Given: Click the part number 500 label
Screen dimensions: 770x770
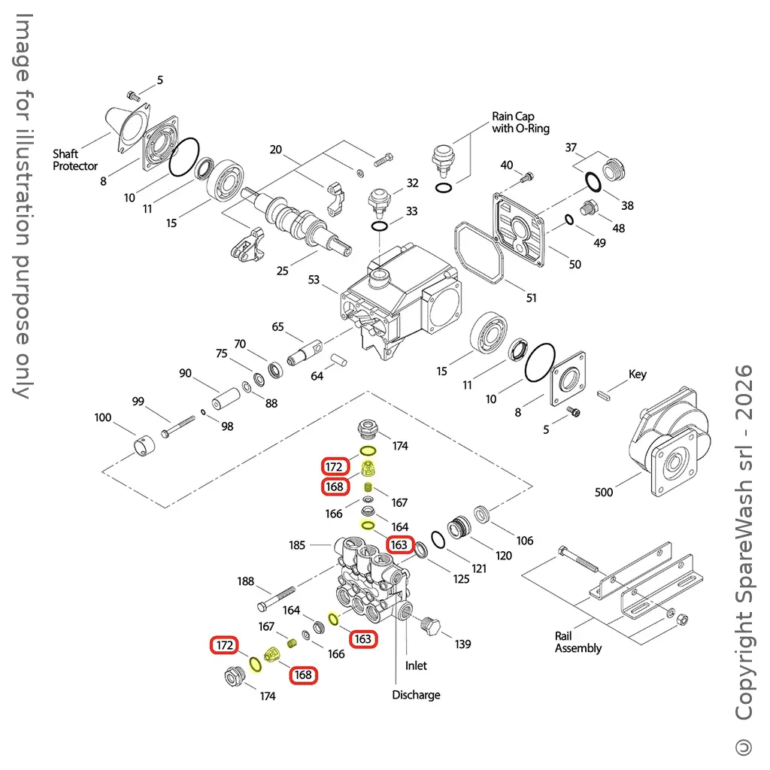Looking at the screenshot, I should click(604, 493).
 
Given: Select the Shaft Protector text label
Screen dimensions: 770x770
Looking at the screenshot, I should click(75, 160).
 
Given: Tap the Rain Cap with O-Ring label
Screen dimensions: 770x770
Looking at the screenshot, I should click(520, 123).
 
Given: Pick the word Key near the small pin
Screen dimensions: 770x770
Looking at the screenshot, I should click(637, 374).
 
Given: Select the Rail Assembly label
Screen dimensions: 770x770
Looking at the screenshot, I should click(578, 642).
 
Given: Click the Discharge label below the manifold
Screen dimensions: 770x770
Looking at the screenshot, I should click(416, 695).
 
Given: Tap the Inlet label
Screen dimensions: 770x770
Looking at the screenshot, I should click(416, 665).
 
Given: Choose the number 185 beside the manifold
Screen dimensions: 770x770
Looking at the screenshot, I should click(298, 545).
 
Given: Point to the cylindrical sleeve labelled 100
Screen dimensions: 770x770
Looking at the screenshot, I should click(144, 447).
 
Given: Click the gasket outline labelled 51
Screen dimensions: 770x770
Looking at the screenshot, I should click(477, 256).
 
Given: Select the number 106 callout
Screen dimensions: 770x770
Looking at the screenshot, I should click(525, 541).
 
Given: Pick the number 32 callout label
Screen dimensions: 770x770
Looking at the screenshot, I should click(412, 183).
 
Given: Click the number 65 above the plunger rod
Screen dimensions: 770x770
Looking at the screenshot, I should click(278, 327).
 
